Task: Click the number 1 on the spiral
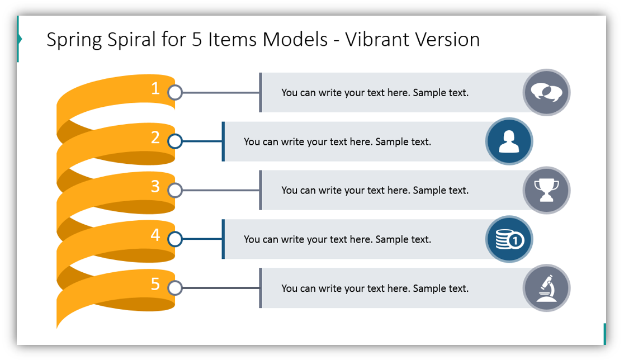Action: (x=155, y=88)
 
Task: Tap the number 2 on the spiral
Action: (x=155, y=138)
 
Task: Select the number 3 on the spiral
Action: (x=155, y=186)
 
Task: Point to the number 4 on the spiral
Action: (x=155, y=235)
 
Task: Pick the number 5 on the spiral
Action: (x=155, y=283)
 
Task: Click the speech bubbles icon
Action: (x=546, y=92)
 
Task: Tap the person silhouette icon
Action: (x=509, y=141)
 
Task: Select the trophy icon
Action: (x=546, y=190)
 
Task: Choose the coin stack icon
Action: (x=510, y=239)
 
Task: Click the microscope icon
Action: (x=547, y=288)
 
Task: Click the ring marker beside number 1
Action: (x=175, y=92)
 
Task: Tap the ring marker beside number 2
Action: (x=175, y=141)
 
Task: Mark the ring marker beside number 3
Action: (x=175, y=190)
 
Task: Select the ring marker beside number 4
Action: (x=175, y=239)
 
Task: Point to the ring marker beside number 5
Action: (x=175, y=288)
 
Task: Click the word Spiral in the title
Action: (x=131, y=40)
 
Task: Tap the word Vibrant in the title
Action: (x=377, y=39)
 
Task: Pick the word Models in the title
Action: (x=295, y=39)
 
